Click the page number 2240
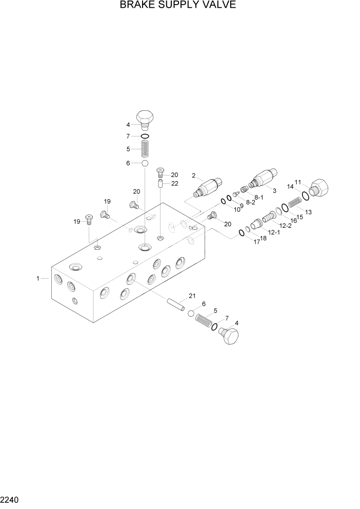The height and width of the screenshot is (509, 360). pyautogui.click(x=11, y=499)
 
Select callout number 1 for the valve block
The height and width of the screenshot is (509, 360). pyautogui.click(x=38, y=278)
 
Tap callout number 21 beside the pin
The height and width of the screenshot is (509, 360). pyautogui.click(x=192, y=296)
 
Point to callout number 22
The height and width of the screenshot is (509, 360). pyautogui.click(x=175, y=184)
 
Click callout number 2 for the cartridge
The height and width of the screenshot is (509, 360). pyautogui.click(x=194, y=175)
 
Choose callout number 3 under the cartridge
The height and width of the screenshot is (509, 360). pyautogui.click(x=274, y=190)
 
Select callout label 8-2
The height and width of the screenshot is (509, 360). pyautogui.click(x=250, y=203)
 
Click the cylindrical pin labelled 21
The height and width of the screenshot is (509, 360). pyautogui.click(x=175, y=304)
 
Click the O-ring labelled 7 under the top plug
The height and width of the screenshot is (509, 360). pyautogui.click(x=145, y=136)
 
